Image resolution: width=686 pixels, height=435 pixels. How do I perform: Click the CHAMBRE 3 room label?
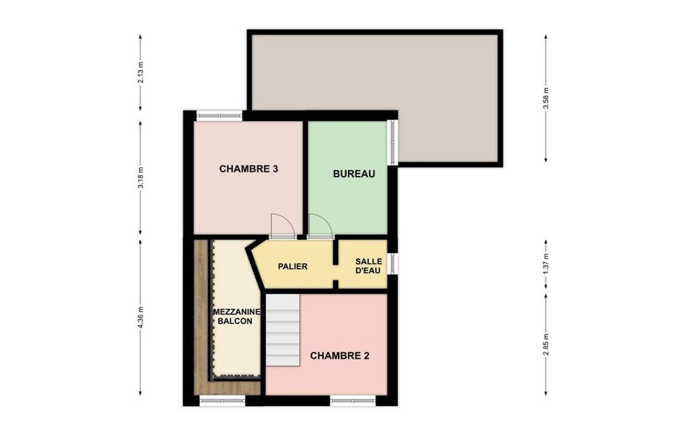pos(248,169)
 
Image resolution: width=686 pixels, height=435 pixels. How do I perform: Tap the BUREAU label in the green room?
pos(354,174)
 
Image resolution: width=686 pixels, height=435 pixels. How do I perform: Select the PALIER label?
pos(292,266)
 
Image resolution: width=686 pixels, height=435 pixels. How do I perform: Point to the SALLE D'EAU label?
pos(368,266)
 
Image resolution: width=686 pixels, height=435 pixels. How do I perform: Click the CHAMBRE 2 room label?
pos(339,356)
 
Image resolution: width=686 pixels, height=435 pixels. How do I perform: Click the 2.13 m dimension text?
pos(141,73)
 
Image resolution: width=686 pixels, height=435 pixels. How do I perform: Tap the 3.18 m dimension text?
pos(141,178)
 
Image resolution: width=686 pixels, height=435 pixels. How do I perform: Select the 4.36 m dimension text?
pos(141,317)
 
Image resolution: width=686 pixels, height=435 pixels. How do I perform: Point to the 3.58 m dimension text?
pos(545,98)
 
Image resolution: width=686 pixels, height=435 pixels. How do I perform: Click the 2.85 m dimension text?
pos(545,345)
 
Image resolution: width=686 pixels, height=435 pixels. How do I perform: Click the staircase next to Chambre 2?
pos(283,330)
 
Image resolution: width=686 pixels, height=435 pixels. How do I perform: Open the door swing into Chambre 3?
pos(283,226)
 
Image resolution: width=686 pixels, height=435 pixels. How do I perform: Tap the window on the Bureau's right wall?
pos(394,143)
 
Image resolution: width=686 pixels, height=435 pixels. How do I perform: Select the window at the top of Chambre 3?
pos(220,115)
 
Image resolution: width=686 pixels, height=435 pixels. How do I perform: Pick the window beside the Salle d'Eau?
pos(394,264)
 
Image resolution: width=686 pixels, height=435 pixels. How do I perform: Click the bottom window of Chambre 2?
pos(353,400)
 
